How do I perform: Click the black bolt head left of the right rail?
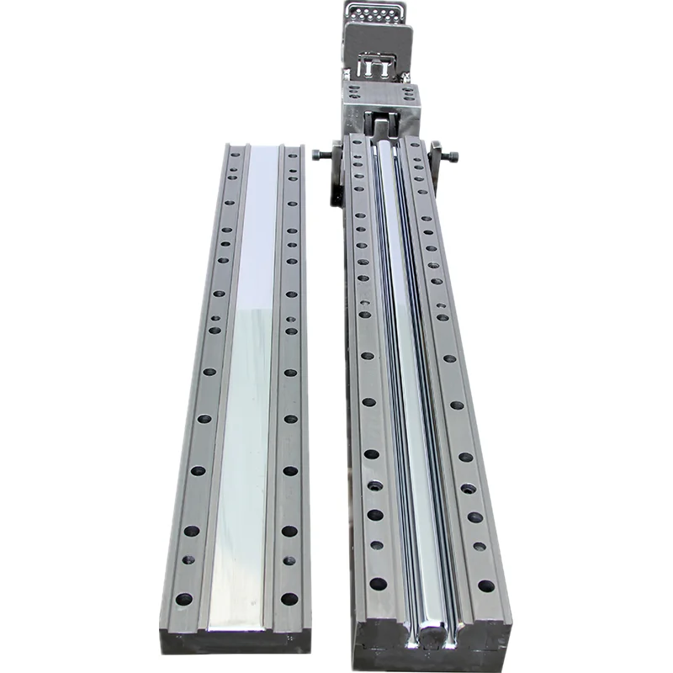coord(318,155)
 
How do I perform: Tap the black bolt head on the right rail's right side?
coord(454,156)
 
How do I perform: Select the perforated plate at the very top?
coord(374,14)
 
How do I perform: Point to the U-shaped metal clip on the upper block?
coord(376,65)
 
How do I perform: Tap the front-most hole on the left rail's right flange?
coord(289,599)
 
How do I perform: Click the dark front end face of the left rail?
coord(236,641)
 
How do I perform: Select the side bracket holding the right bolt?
coord(437,164)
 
